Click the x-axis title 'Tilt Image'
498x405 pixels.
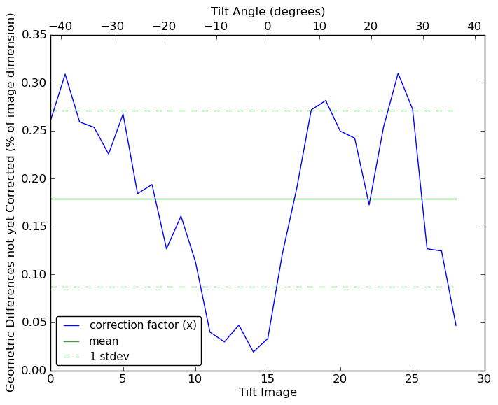268,392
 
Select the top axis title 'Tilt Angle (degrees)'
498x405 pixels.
268,11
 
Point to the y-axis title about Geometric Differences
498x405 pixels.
11,202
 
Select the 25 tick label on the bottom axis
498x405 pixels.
413,379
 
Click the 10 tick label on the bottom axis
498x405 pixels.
195,379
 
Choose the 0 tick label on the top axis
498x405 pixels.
268,26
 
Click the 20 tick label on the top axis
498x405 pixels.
371,26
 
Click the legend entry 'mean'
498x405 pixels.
103,341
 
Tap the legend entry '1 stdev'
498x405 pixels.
109,357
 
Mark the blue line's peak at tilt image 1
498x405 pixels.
65,74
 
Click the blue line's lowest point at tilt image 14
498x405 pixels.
253,352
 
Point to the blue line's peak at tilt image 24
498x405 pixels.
398,73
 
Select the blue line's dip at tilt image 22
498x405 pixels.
369,204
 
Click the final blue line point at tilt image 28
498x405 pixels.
456,325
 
